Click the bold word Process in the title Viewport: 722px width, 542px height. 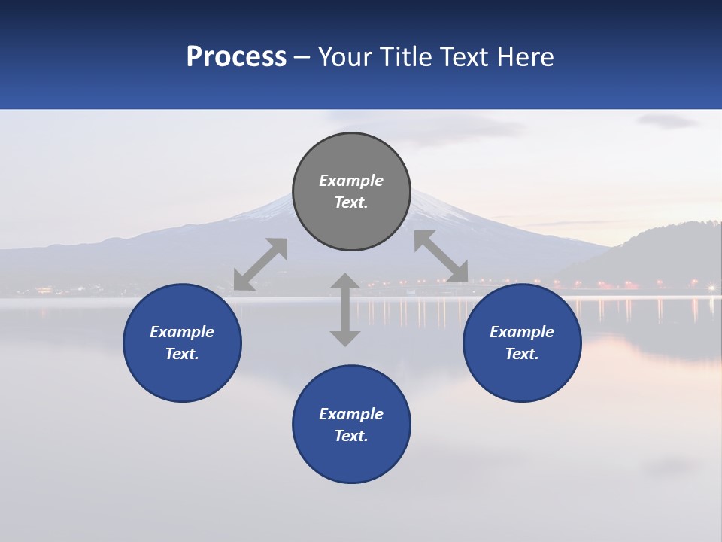pyautogui.click(x=236, y=57)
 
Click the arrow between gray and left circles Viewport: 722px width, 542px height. pyautogui.click(x=260, y=263)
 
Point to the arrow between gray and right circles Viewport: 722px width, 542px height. pyautogui.click(x=441, y=256)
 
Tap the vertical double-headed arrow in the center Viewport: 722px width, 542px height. pyautogui.click(x=345, y=309)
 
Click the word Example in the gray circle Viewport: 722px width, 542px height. pyautogui.click(x=351, y=181)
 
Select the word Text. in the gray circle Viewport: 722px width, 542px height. pyautogui.click(x=351, y=202)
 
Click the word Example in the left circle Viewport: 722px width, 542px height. pyautogui.click(x=182, y=332)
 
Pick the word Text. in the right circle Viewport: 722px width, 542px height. pyautogui.click(x=522, y=354)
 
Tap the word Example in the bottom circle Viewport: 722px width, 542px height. pyautogui.click(x=351, y=414)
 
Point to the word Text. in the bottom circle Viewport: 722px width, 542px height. pyautogui.click(x=351, y=436)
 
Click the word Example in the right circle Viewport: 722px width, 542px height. pyautogui.click(x=522, y=332)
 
